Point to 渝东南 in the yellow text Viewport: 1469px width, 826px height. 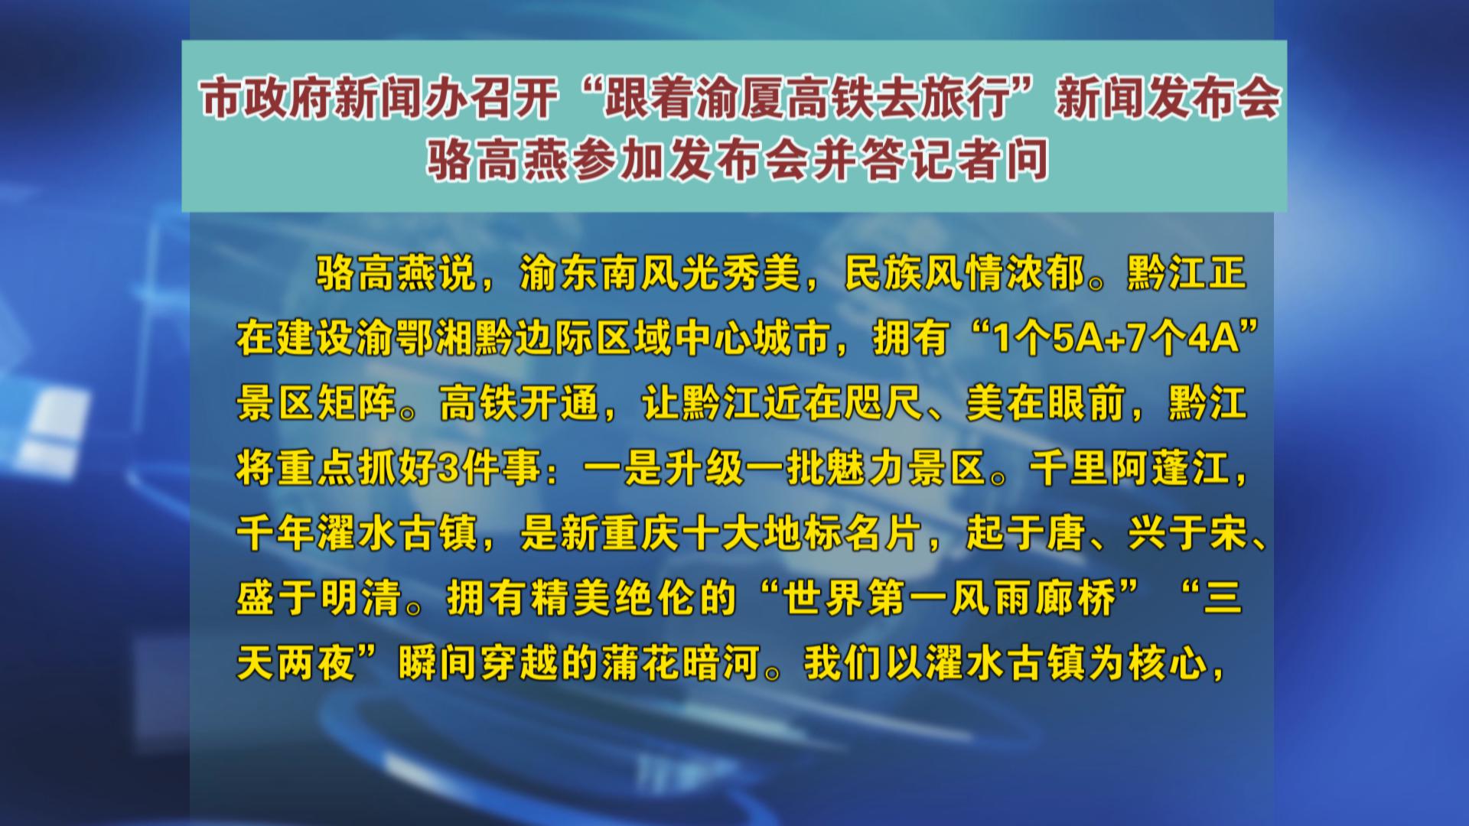[579, 273]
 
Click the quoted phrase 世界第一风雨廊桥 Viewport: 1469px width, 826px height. [949, 597]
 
